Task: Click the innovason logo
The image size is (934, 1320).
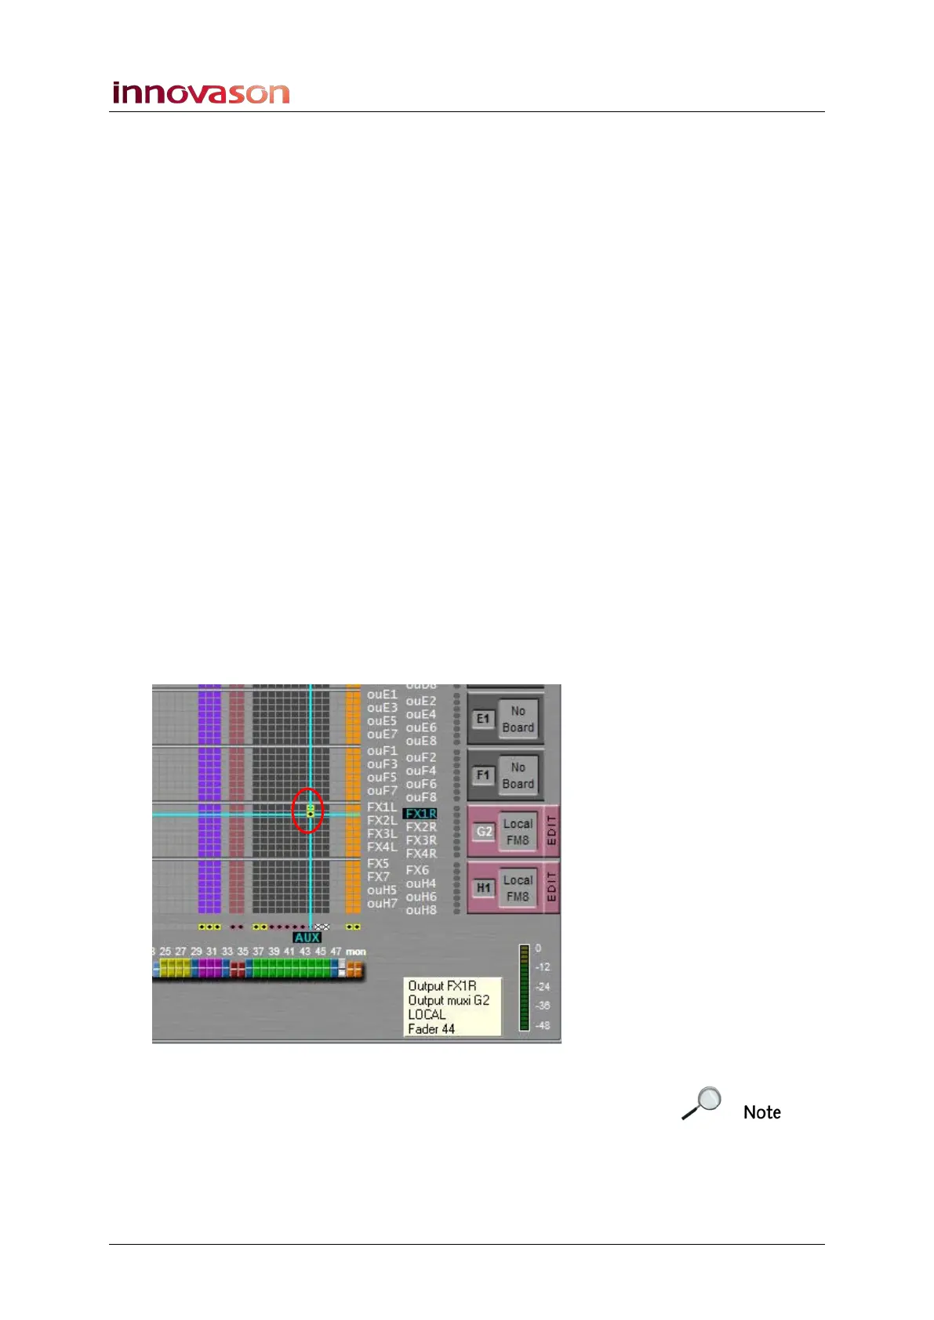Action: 201,93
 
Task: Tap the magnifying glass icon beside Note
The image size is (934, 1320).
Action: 701,1103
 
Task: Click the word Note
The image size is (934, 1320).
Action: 761,1112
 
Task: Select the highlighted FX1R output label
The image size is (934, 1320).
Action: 420,814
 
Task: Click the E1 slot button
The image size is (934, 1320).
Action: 483,719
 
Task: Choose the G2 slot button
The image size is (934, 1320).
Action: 485,832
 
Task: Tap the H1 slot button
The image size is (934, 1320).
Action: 484,888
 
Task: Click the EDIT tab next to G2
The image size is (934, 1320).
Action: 551,831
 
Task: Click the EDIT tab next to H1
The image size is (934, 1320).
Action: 551,887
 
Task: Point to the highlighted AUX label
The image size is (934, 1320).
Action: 307,937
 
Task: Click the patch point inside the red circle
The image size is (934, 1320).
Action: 310,813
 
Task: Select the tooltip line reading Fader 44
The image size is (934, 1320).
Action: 431,1028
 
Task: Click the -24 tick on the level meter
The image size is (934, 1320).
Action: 543,987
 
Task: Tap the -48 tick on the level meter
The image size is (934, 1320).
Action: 543,1025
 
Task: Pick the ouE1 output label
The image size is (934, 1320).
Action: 382,694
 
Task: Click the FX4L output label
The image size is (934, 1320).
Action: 382,847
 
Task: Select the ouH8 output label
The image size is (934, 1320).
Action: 421,910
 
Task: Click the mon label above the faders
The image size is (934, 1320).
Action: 356,952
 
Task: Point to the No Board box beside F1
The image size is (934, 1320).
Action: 518,775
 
